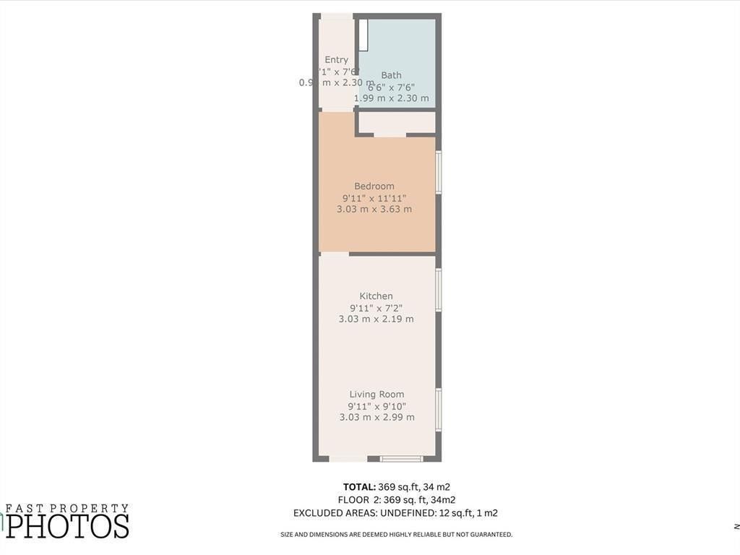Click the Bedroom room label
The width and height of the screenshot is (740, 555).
pos(374,186)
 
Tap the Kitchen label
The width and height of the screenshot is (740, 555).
pos(377,296)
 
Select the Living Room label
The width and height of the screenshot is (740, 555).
pos(377,395)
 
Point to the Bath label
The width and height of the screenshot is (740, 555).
pos(391,75)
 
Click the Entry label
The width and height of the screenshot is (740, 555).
pos(336,60)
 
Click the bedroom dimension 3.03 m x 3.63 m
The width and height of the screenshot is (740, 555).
pos(374,210)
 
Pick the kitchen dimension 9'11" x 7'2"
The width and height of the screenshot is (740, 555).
pos(377,308)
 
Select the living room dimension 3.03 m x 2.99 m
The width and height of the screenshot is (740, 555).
pos(377,418)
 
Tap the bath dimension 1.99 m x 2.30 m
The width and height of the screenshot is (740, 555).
pos(391,98)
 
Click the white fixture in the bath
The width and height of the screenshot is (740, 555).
pos(363,35)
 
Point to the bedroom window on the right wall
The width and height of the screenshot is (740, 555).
pos(439,172)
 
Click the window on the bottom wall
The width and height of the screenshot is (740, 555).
pos(401,458)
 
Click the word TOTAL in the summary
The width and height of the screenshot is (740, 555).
pos(359,487)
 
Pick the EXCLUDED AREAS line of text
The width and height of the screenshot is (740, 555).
pos(395,513)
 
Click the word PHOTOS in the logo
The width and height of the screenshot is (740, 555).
pos(68,526)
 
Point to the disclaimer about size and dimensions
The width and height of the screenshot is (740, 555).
pos(397,535)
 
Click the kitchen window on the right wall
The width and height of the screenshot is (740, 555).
pos(439,290)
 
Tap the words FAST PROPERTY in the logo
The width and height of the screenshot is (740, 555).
pos(66,509)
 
